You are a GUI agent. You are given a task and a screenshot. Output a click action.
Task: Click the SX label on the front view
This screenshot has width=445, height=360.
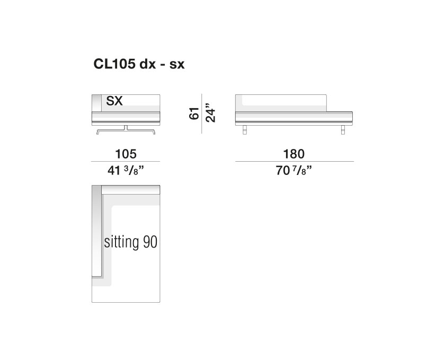coord(114,101)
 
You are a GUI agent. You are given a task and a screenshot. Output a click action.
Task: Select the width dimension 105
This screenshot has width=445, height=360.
coord(126,154)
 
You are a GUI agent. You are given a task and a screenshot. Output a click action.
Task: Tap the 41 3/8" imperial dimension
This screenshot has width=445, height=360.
coord(126,170)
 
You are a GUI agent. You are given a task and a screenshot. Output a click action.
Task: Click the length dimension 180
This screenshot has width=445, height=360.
coord(293,154)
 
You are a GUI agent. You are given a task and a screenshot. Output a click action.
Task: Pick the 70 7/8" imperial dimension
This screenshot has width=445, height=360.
coord(293,170)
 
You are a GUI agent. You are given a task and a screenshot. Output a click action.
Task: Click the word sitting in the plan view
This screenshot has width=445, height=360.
coord(122,243)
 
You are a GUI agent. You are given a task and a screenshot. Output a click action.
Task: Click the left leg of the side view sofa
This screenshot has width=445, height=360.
coord(245,129)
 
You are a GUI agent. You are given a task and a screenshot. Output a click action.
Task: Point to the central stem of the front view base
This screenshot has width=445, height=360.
coord(126,127)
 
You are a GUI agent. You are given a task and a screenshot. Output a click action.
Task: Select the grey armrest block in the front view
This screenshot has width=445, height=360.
coord(96,102)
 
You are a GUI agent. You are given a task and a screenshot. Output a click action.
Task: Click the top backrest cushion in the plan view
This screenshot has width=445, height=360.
coord(130,190)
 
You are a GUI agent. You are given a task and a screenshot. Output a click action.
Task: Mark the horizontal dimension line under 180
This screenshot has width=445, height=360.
coord(293,161)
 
